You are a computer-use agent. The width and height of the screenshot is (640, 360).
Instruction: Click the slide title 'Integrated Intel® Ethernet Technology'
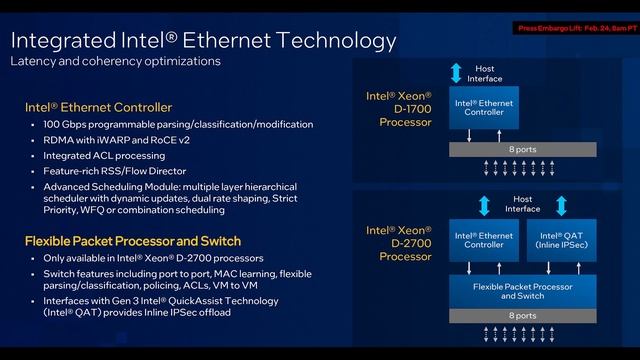(x=203, y=41)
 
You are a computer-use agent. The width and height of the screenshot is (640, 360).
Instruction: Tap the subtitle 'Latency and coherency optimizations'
(x=115, y=62)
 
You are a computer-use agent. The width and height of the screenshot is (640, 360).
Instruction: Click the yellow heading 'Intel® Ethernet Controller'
(x=98, y=107)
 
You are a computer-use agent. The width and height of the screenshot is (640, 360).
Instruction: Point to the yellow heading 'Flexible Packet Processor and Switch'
(x=132, y=241)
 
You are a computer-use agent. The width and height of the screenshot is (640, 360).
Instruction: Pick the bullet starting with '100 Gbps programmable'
(x=178, y=125)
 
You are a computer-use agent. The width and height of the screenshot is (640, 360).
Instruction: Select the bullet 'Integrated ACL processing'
(x=104, y=155)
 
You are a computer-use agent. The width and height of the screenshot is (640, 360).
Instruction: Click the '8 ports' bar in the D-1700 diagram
(x=521, y=149)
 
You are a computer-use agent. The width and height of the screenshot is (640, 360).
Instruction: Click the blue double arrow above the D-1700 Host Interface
(x=456, y=72)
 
